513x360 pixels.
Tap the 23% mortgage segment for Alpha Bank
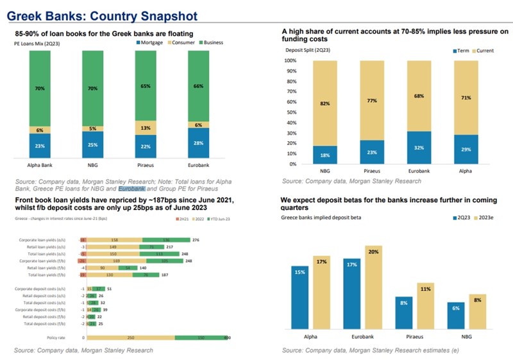[x=39, y=146]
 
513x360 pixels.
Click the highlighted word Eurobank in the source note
[x=132, y=189]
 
